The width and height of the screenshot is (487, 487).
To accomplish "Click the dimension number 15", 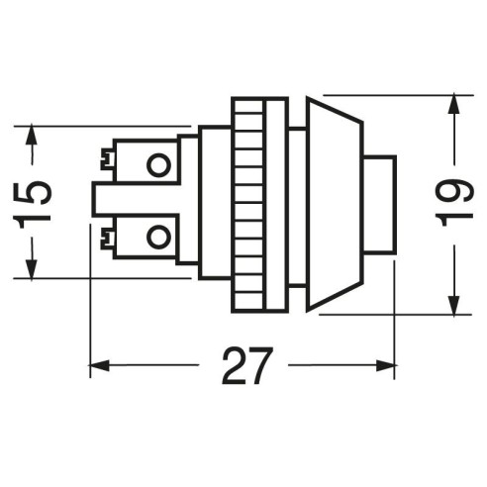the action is (x=33, y=201).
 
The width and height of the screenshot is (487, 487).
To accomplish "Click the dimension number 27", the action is (x=247, y=365).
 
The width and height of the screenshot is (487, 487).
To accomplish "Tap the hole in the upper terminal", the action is (x=158, y=165).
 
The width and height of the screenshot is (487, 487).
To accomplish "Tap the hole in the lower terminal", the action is (x=158, y=237).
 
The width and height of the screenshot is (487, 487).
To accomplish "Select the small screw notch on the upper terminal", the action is (x=107, y=159).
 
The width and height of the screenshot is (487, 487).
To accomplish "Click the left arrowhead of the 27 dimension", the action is (x=100, y=365).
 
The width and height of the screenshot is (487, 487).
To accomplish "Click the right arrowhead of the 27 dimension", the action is (x=385, y=365).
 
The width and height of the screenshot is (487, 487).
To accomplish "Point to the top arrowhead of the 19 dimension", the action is (x=454, y=104).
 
